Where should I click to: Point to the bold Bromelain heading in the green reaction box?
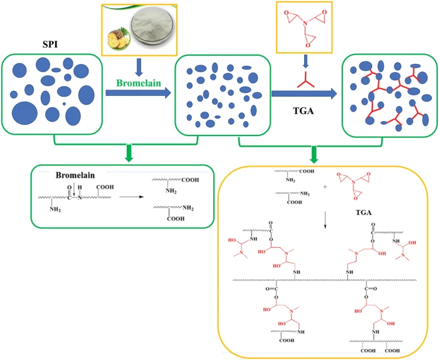[73, 176]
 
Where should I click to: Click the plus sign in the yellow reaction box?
[324, 186]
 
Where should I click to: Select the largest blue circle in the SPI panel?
[24, 110]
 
